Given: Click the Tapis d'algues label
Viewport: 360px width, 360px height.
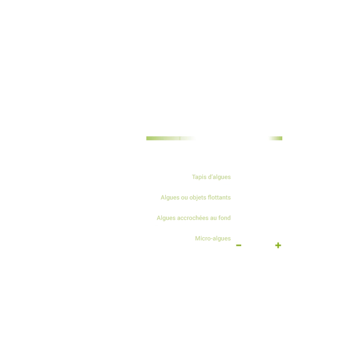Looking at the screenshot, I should coord(212,177).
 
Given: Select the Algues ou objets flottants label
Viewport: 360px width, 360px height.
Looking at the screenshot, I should coord(196,198).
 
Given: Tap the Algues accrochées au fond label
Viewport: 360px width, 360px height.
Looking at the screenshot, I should coord(193,219).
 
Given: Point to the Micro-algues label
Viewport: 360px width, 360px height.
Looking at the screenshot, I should coord(214,238).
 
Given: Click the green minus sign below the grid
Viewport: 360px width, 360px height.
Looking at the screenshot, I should coord(238,245).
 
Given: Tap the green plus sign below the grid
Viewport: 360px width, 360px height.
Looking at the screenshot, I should coord(278,245).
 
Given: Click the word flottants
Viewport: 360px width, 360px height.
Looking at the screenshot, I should coord(220,198).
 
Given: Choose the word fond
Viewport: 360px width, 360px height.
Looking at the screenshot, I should coord(224,219).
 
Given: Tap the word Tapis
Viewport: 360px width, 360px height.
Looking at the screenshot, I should coord(199,177).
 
